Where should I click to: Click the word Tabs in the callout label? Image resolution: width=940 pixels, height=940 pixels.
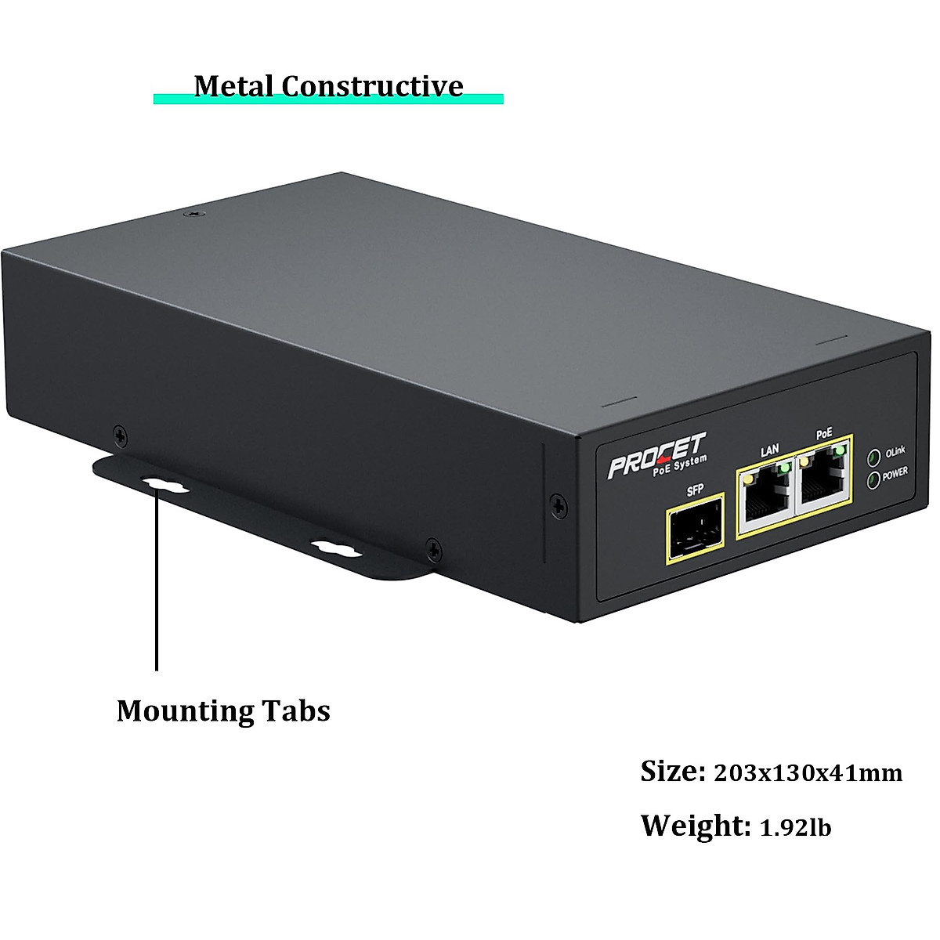pos(296,711)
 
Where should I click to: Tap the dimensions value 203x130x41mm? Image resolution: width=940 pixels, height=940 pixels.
pos(808,774)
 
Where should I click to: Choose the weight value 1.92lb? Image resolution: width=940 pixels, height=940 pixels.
pos(796,828)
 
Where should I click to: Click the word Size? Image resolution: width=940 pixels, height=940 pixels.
pos(672,772)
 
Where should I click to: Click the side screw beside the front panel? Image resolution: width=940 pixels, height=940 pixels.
pos(556,504)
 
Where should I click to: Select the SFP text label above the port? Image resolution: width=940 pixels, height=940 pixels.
pos(694,491)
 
